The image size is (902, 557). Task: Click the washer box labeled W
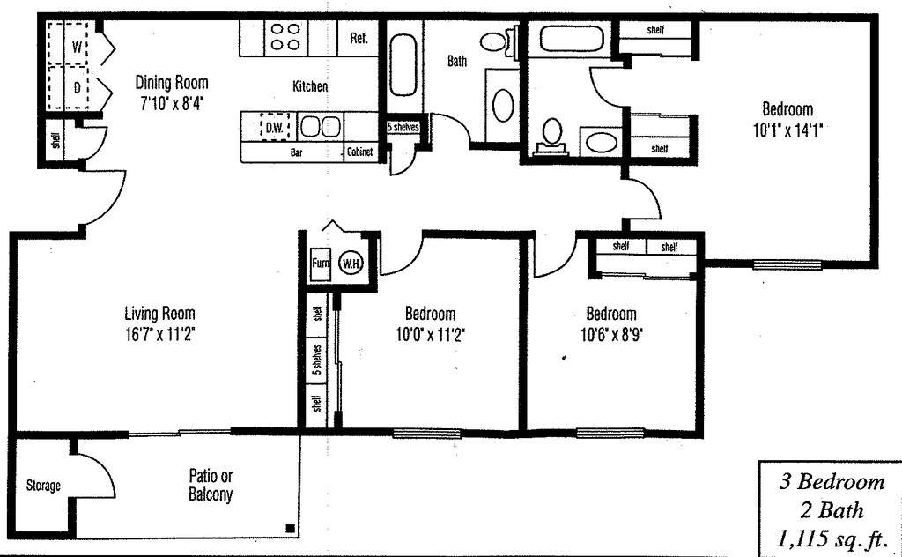pyautogui.click(x=77, y=46)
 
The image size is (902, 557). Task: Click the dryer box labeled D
pyautogui.click(x=77, y=87)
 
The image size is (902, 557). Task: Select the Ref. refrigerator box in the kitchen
pyautogui.click(x=359, y=39)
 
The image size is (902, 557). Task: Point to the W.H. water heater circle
pyautogui.click(x=351, y=263)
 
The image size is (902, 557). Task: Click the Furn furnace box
pyautogui.click(x=319, y=263)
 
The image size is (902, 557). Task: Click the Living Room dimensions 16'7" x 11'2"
pyautogui.click(x=159, y=334)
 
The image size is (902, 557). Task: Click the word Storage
pyautogui.click(x=43, y=486)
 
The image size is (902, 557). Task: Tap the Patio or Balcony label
pyautogui.click(x=211, y=486)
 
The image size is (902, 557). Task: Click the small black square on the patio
pyautogui.click(x=289, y=529)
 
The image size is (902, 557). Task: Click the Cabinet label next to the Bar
pyautogui.click(x=359, y=152)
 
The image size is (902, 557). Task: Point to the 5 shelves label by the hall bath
pyautogui.click(x=403, y=127)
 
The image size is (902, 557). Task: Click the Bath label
pyautogui.click(x=457, y=62)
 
